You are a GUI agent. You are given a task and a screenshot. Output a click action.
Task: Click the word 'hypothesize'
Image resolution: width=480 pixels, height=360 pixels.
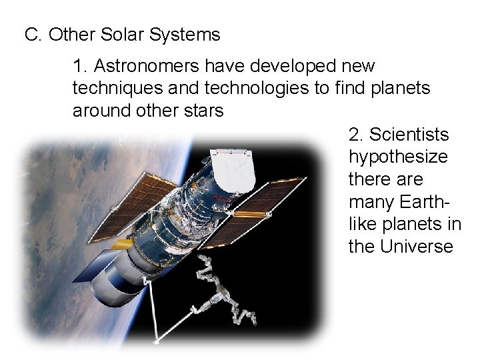click(398, 157)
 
